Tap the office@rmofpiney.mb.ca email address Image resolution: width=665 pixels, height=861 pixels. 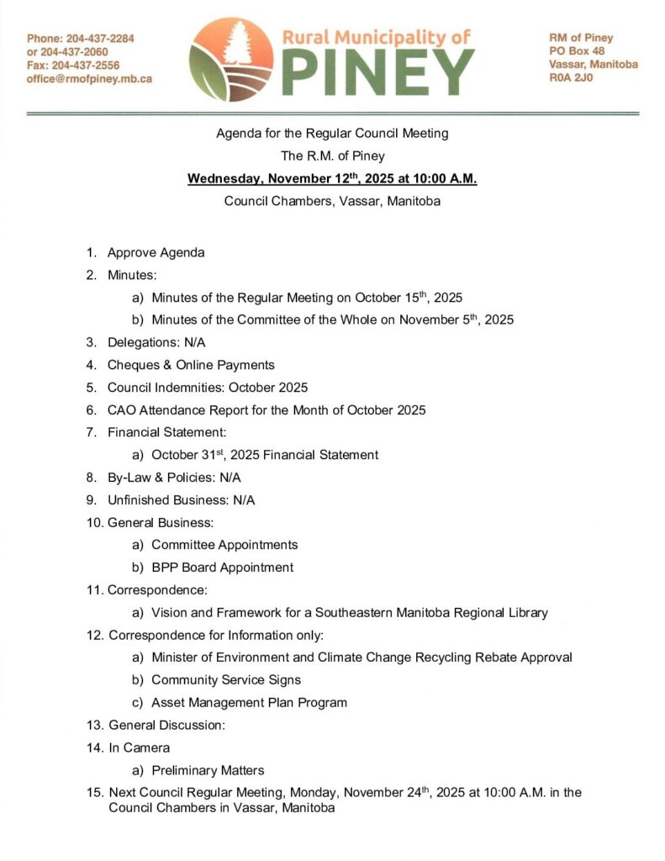click(89, 78)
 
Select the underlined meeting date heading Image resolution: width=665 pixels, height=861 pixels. click(332, 179)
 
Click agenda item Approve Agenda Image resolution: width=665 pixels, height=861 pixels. click(156, 252)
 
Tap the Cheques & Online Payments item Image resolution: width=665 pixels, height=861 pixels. click(191, 365)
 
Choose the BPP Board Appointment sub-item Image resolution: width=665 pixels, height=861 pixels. click(222, 567)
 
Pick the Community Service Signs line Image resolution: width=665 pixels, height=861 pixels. click(225, 679)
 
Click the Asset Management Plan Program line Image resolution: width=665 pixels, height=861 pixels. click(249, 702)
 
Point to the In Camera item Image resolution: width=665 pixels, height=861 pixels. click(139, 747)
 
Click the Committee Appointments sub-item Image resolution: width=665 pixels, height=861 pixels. click(224, 545)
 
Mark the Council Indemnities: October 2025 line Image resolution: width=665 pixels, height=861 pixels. click(207, 388)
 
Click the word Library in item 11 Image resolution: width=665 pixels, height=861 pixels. click(527, 613)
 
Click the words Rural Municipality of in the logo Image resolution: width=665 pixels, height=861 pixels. click(375, 37)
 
